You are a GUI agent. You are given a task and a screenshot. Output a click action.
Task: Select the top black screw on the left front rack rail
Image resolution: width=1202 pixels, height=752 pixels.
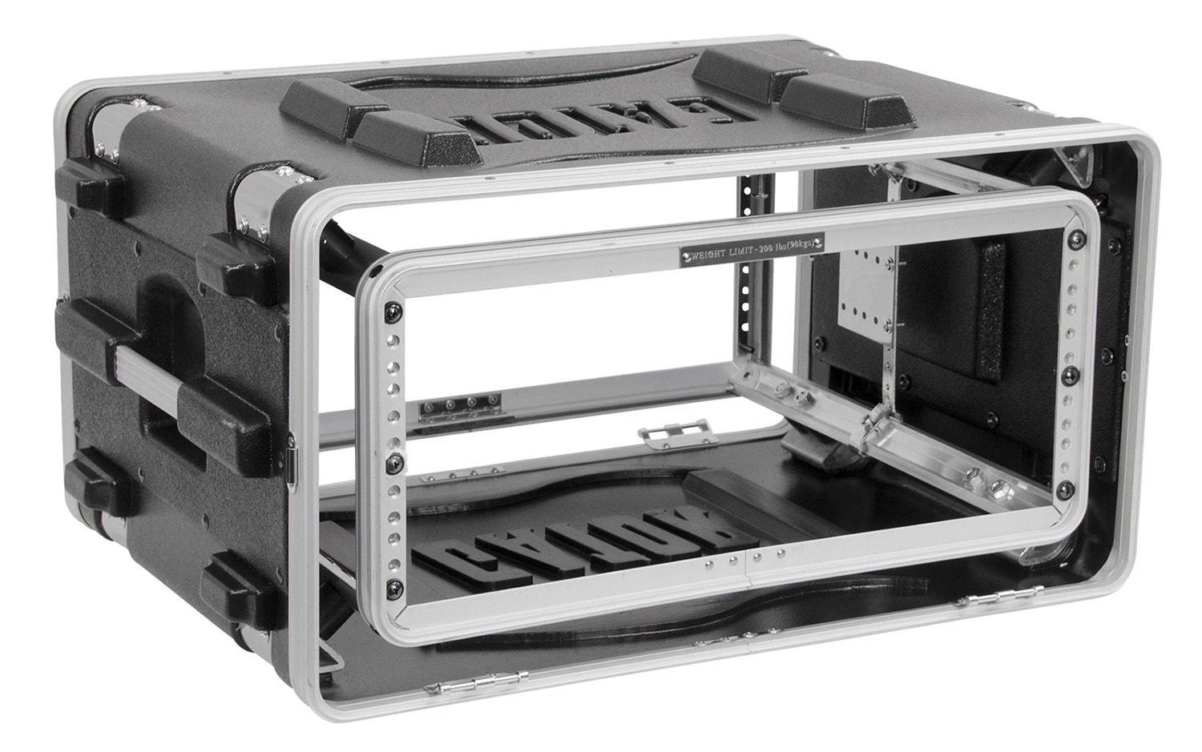[x=392, y=311]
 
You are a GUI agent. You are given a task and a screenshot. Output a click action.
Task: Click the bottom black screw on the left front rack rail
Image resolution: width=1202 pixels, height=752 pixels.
[x=392, y=591]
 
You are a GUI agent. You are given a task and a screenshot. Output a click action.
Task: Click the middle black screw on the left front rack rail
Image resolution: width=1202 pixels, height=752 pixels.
[x=393, y=464]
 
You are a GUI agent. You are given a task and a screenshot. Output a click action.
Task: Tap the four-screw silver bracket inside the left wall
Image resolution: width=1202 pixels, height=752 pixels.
[x=460, y=404]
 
